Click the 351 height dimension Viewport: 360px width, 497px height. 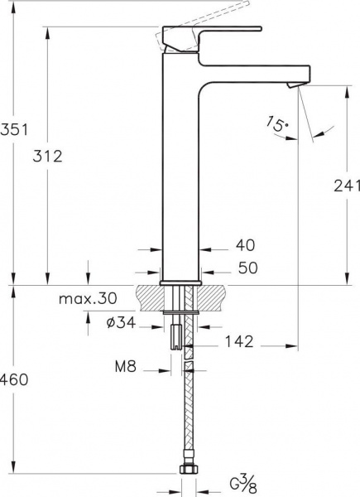pos(14,130)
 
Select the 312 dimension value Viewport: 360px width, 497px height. pos(47,157)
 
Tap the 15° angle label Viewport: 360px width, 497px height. pos(277,124)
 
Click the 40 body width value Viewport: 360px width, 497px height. pos(245,245)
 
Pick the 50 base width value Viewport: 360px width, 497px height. pos(248,268)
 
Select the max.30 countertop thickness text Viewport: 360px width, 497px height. pos(88,298)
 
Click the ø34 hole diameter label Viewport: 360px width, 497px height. pos(122,323)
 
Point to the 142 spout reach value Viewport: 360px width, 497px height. pos(239,341)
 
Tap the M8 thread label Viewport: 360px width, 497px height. pos(126,367)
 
